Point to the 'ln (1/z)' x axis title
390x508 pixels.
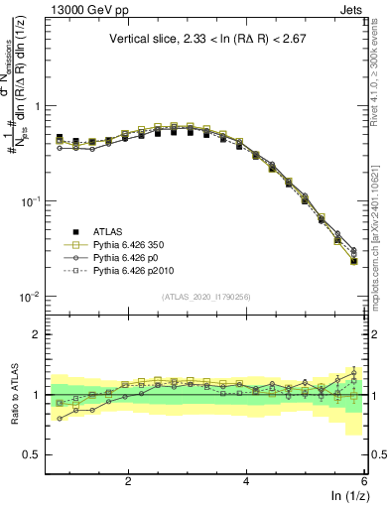pos(346,496)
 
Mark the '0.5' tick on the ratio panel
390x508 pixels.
pos(30,454)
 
